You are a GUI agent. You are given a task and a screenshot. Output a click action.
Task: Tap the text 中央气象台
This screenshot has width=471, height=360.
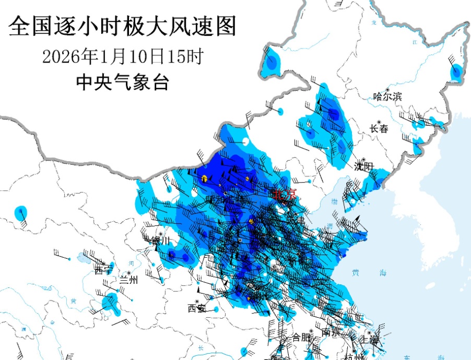122,82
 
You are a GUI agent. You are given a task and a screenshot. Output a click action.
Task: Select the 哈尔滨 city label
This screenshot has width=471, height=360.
387,97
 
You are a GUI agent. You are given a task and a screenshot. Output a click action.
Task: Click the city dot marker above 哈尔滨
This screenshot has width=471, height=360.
387,89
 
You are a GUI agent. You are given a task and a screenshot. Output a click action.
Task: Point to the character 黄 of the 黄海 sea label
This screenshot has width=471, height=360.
356,272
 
